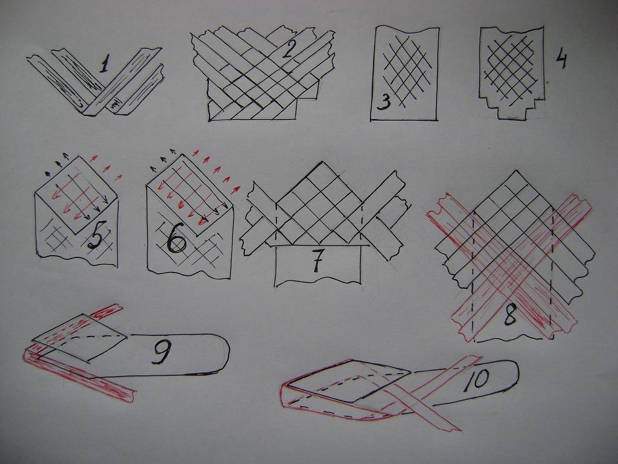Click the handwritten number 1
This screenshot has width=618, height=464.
(104, 64)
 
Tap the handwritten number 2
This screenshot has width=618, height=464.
(288, 50)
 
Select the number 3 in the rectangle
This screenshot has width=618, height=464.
(383, 101)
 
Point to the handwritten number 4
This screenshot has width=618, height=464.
(561, 60)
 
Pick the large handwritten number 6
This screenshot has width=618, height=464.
(177, 240)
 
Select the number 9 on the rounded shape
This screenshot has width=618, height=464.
(162, 352)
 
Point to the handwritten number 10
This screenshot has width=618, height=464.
(477, 380)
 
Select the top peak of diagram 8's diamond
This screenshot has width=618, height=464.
(515, 171)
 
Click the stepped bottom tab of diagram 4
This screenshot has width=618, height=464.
(511, 112)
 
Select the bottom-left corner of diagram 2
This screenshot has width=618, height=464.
(209, 120)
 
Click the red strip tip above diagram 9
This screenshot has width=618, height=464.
(118, 306)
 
